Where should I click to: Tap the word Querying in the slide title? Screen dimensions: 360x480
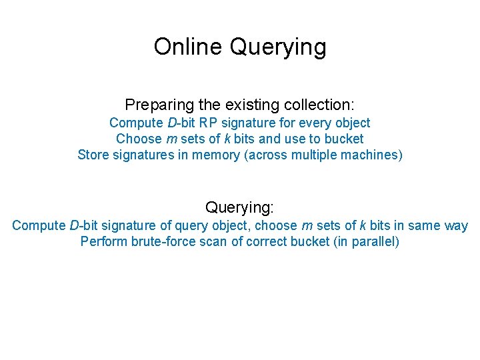pos(278,47)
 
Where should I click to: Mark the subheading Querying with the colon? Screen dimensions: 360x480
pos(239,207)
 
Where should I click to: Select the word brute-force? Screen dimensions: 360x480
pos(162,241)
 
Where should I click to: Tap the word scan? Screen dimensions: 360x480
pos(213,241)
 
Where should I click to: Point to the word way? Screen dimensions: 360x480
pos(456,225)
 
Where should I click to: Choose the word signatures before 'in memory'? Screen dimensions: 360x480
pos(143,155)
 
